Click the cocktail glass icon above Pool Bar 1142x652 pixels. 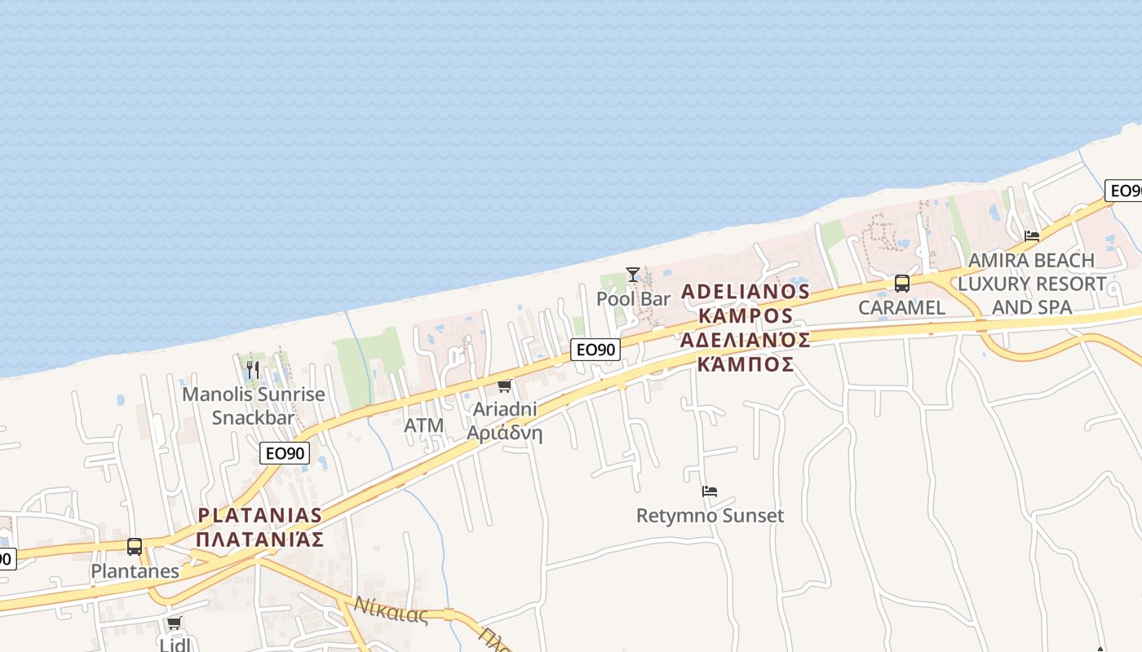click(x=632, y=275)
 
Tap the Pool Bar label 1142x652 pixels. click(x=633, y=299)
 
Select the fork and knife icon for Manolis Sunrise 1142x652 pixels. click(x=253, y=370)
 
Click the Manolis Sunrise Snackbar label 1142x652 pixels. click(x=253, y=406)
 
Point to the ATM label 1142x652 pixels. click(x=424, y=425)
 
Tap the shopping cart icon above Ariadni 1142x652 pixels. click(x=504, y=385)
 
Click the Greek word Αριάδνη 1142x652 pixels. click(x=504, y=433)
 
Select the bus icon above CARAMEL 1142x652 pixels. click(x=901, y=284)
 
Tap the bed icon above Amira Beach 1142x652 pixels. click(x=1032, y=236)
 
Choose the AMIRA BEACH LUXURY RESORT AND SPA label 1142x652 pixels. click(x=1031, y=284)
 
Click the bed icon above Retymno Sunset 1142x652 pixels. click(x=710, y=491)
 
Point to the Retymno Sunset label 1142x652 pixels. click(x=710, y=516)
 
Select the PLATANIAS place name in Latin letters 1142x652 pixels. click(x=260, y=515)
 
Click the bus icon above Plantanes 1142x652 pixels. click(x=135, y=547)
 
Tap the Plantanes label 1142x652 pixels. click(x=135, y=571)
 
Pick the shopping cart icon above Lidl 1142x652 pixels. click(x=174, y=623)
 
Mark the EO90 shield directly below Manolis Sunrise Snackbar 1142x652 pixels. click(x=285, y=453)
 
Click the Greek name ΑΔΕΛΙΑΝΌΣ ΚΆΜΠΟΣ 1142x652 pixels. click(x=746, y=351)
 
